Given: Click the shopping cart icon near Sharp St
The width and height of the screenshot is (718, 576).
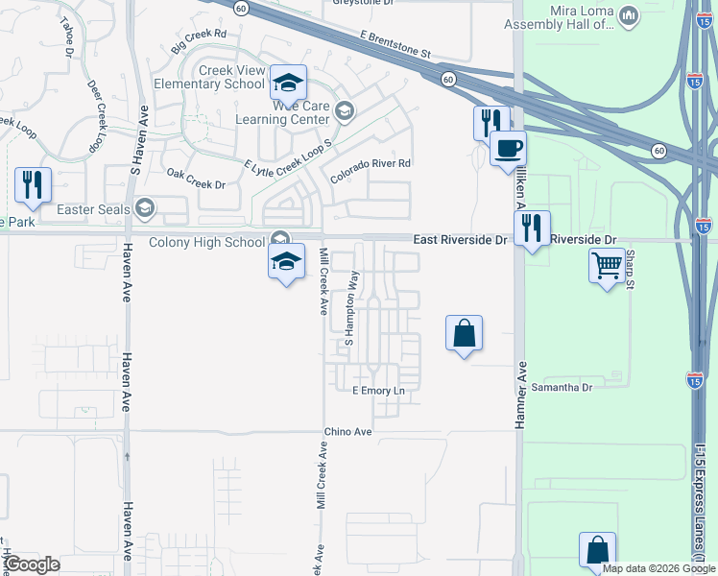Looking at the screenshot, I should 607,266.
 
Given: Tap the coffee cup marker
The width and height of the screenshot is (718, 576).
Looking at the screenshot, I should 508,149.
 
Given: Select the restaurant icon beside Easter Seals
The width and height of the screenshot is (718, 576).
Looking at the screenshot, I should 33,183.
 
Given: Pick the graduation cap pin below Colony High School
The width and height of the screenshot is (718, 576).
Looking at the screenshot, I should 286,260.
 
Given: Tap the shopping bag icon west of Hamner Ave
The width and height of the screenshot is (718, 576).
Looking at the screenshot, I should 464,333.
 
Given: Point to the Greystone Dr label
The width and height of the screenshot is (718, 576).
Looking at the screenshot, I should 363,3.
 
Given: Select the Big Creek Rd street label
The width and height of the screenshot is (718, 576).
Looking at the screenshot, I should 199,41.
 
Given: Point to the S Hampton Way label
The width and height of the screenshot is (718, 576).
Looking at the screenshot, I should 351,308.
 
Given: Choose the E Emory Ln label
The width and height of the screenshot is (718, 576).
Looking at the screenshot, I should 379,391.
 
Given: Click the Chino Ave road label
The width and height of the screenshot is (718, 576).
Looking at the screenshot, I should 347,432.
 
